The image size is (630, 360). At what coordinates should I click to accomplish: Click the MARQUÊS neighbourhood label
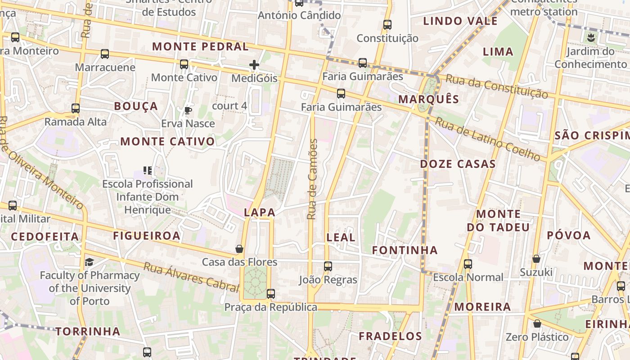[429, 99]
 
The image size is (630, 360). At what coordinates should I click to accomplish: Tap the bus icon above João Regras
[328, 266]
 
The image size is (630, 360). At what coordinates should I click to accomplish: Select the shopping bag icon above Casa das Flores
[239, 249]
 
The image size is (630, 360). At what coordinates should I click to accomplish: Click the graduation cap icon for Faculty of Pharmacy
[90, 262]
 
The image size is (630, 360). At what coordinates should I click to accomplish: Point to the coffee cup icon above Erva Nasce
[188, 110]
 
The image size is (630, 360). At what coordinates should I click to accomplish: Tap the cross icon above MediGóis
[254, 65]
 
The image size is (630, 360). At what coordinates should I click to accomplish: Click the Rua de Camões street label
[312, 179]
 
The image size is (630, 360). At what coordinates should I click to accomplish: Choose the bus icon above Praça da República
[270, 294]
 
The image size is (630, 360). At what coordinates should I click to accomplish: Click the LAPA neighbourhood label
[259, 212]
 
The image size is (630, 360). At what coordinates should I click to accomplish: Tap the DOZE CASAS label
[458, 164]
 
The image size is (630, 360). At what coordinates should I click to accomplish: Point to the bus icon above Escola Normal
[468, 264]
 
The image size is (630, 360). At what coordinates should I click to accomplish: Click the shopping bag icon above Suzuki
[536, 259]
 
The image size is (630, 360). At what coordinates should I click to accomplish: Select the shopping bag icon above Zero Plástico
[537, 324]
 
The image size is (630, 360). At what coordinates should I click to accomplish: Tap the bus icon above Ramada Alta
[76, 108]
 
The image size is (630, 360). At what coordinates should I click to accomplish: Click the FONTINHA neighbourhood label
[405, 250]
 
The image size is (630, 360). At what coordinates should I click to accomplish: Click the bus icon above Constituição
[387, 25]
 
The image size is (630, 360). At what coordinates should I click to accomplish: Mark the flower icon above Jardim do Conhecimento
[591, 38]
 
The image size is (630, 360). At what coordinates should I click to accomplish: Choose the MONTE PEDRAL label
[200, 46]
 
